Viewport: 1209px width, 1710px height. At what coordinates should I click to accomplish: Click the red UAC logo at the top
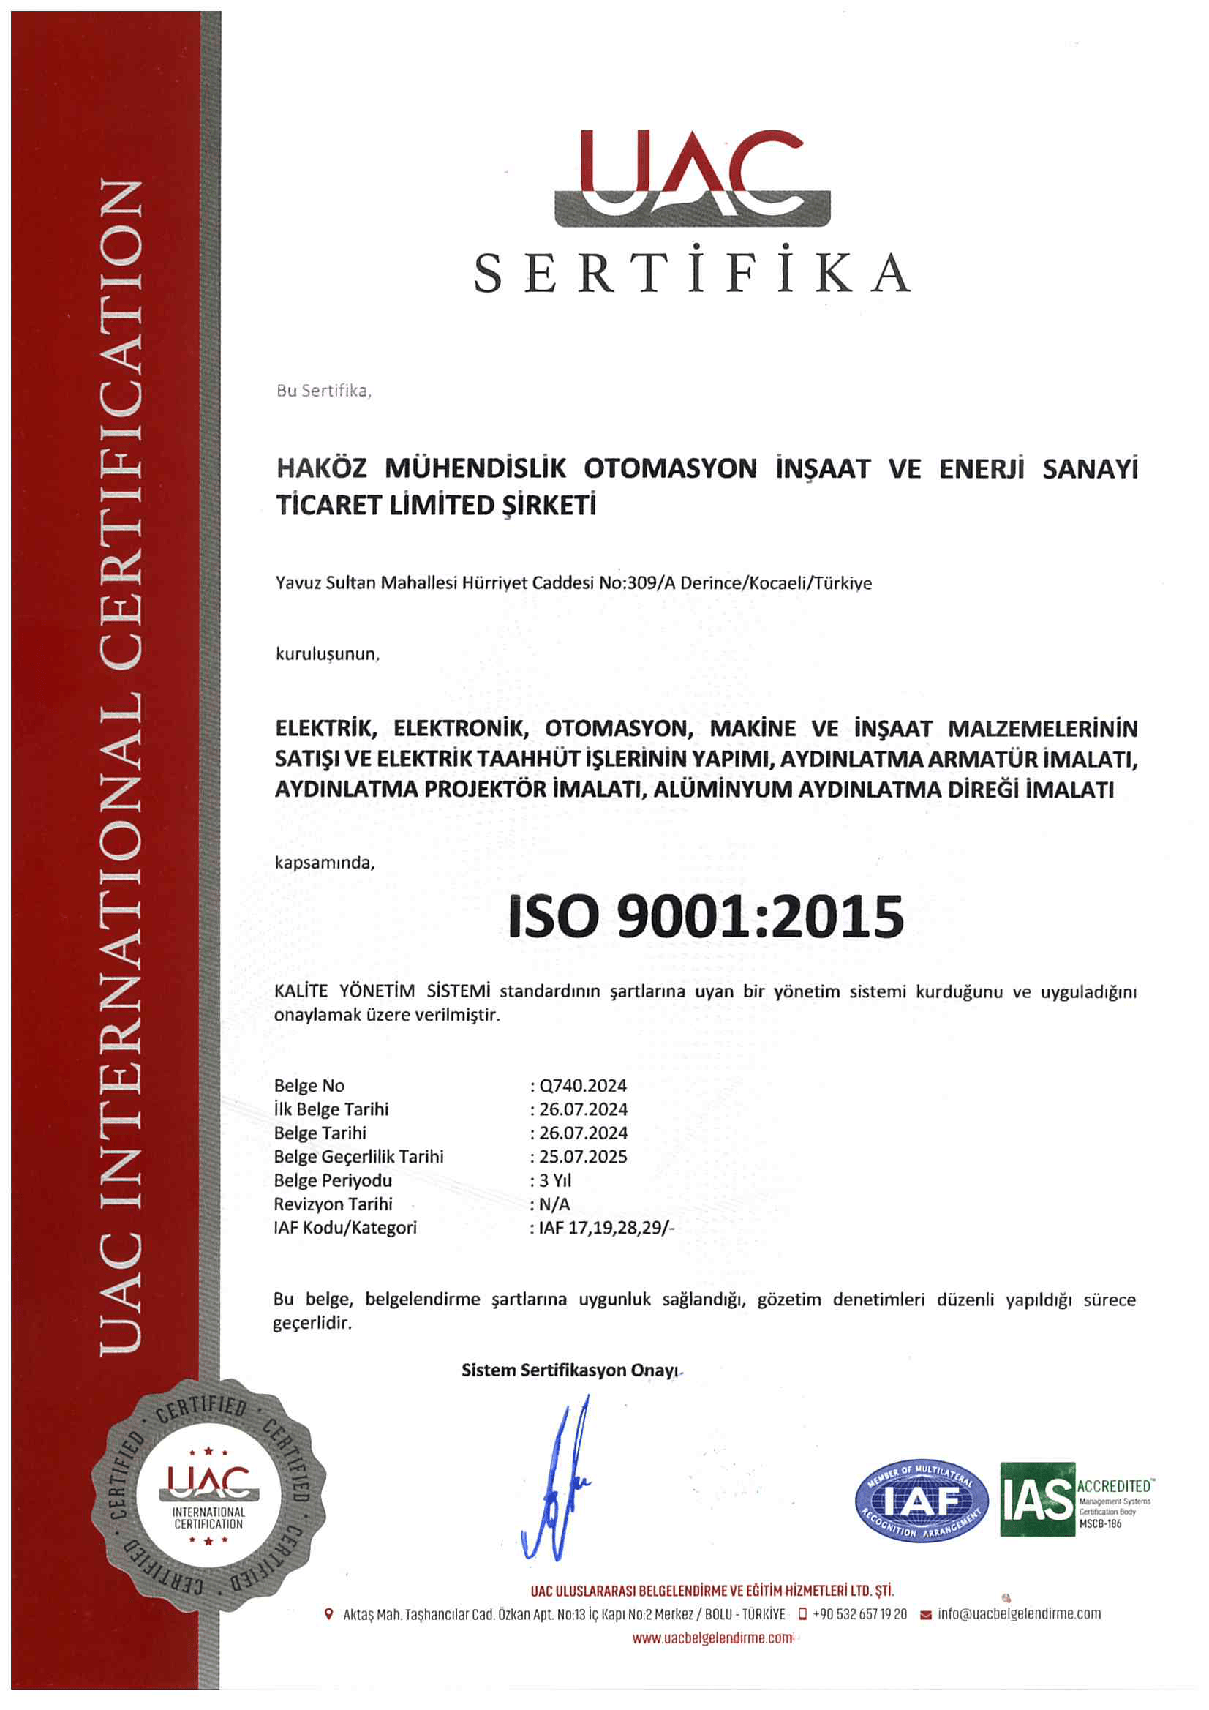[692, 177]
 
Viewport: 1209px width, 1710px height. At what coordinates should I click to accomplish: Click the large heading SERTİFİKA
[692, 273]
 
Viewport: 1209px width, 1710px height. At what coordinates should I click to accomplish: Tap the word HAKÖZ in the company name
[322, 468]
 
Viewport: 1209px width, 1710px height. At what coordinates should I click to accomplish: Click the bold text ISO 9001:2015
[705, 916]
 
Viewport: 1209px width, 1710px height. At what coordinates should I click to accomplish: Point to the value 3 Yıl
[555, 1180]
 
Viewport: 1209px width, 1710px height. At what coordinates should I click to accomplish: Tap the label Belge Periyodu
[333, 1180]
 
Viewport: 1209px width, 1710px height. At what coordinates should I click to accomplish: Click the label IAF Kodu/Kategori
[345, 1228]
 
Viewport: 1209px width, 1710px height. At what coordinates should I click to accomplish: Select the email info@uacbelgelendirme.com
[1018, 1614]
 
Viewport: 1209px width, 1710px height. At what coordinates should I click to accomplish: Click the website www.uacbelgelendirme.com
[712, 1638]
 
